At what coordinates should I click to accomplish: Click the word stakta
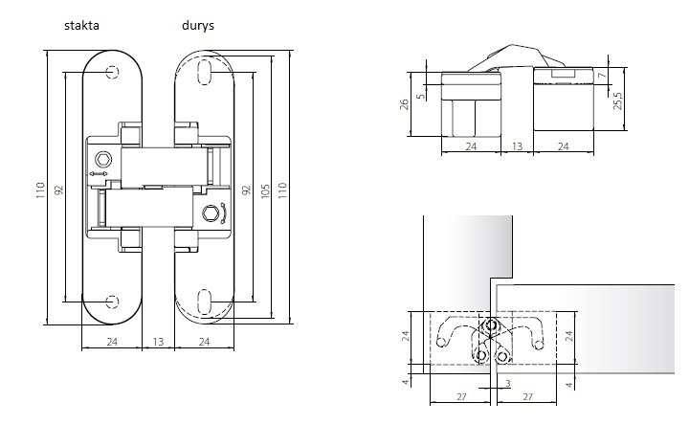click(x=81, y=25)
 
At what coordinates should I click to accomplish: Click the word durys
click(x=198, y=26)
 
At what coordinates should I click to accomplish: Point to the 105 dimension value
click(x=265, y=190)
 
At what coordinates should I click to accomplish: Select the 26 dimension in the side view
click(x=404, y=104)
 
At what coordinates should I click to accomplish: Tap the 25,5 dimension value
click(x=618, y=101)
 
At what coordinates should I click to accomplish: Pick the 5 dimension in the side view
click(x=421, y=96)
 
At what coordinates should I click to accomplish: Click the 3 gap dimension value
click(x=508, y=384)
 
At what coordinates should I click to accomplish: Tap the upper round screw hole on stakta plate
click(x=112, y=72)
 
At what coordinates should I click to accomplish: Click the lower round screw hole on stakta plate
click(x=112, y=302)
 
